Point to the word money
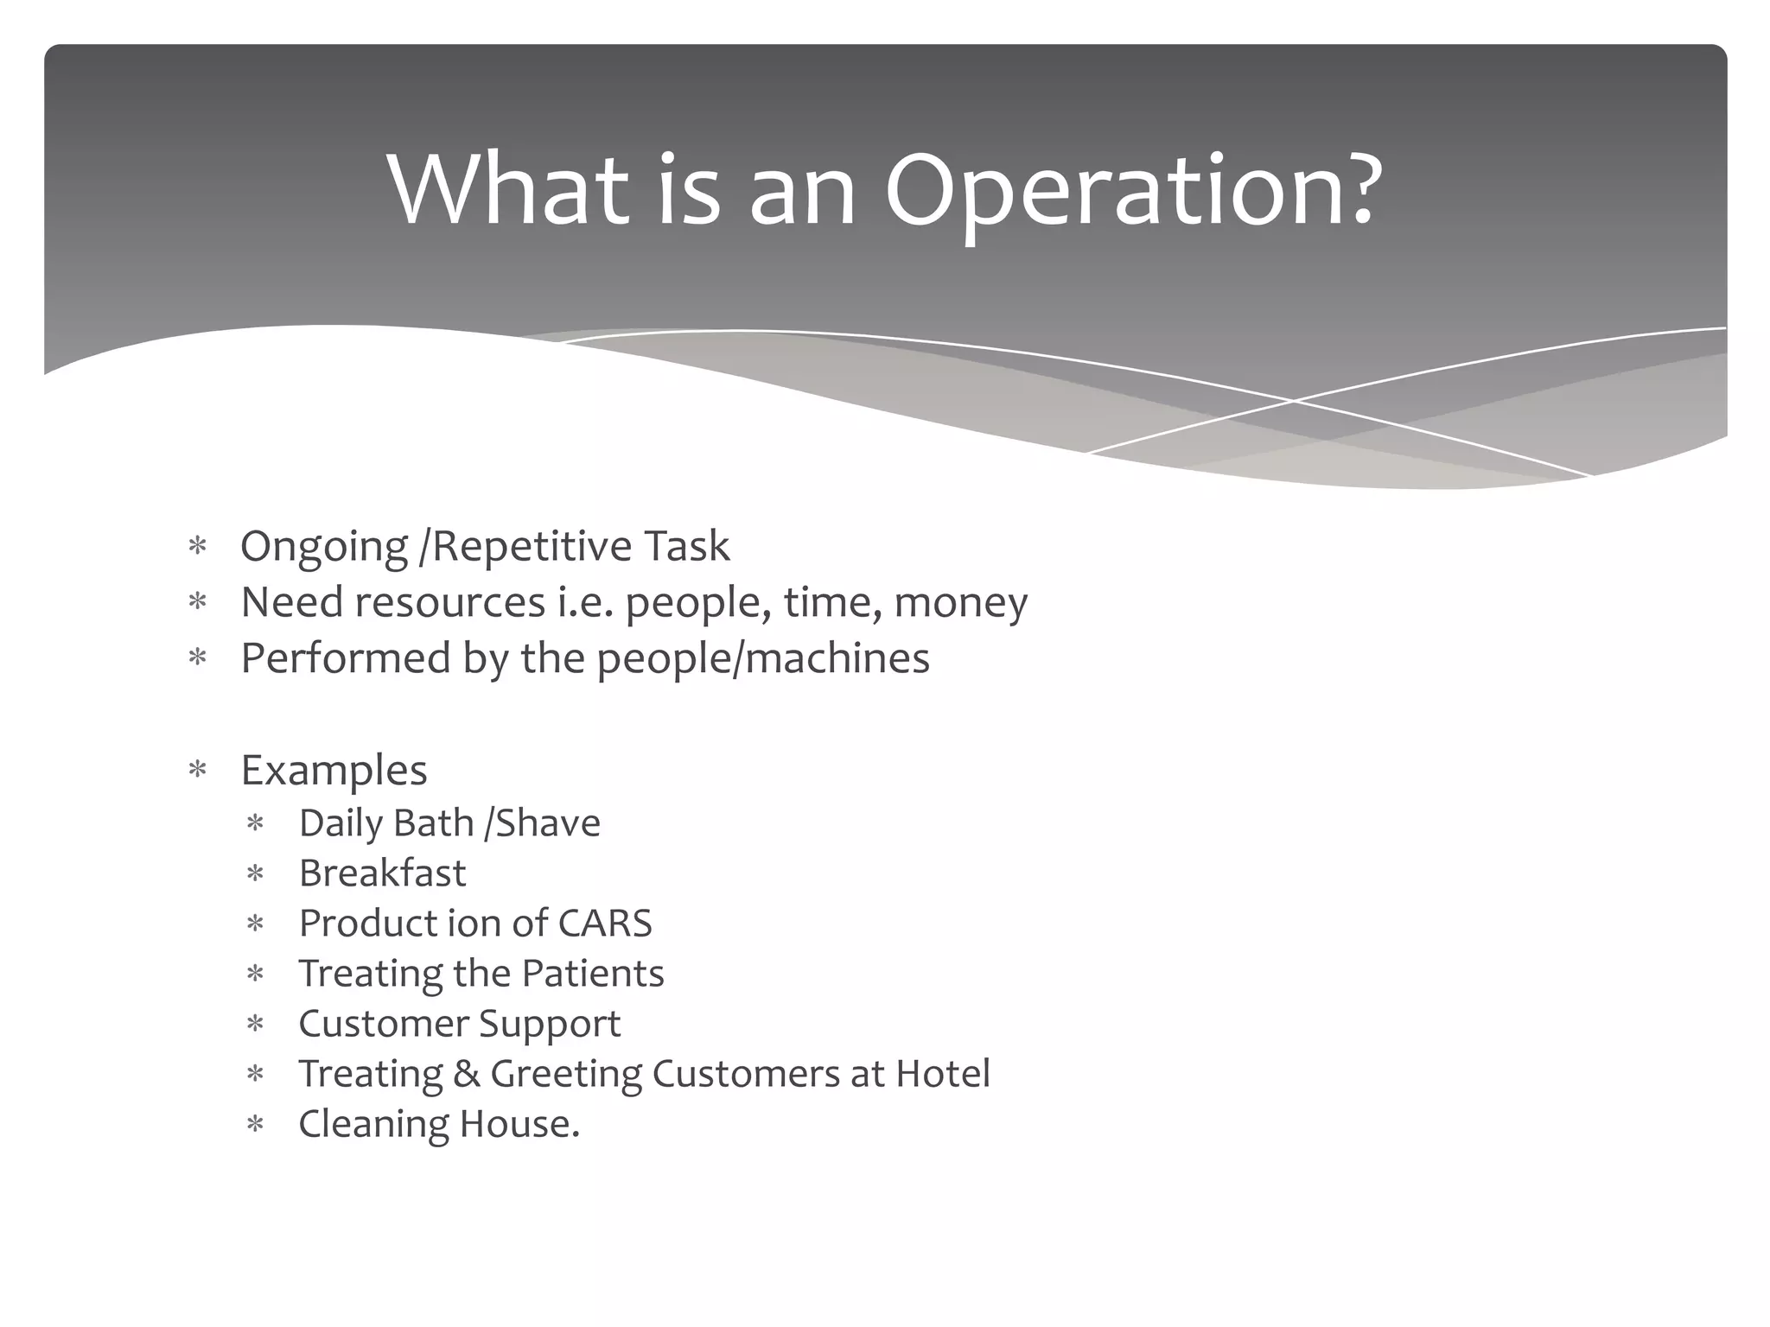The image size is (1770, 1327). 960,603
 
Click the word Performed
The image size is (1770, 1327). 345,658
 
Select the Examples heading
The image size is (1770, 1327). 334,770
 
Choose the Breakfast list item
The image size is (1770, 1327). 382,873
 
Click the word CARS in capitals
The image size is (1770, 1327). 605,924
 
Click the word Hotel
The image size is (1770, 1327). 942,1074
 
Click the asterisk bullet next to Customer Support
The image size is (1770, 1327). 255,1025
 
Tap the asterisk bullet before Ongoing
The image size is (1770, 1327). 198,547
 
